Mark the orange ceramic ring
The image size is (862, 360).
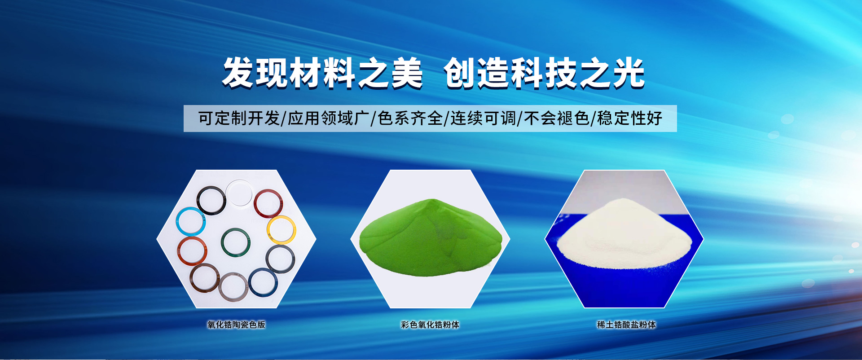(179, 251)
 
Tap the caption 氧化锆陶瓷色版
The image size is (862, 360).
(236, 325)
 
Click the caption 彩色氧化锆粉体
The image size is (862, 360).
(430, 325)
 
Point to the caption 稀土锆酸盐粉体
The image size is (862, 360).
(626, 325)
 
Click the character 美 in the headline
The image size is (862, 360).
(407, 73)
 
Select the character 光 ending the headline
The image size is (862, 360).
(629, 73)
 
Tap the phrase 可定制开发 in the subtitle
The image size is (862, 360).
(239, 119)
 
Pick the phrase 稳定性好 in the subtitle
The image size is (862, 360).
(630, 119)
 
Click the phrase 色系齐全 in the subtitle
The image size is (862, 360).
(411, 119)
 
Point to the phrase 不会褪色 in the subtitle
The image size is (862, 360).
(557, 119)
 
